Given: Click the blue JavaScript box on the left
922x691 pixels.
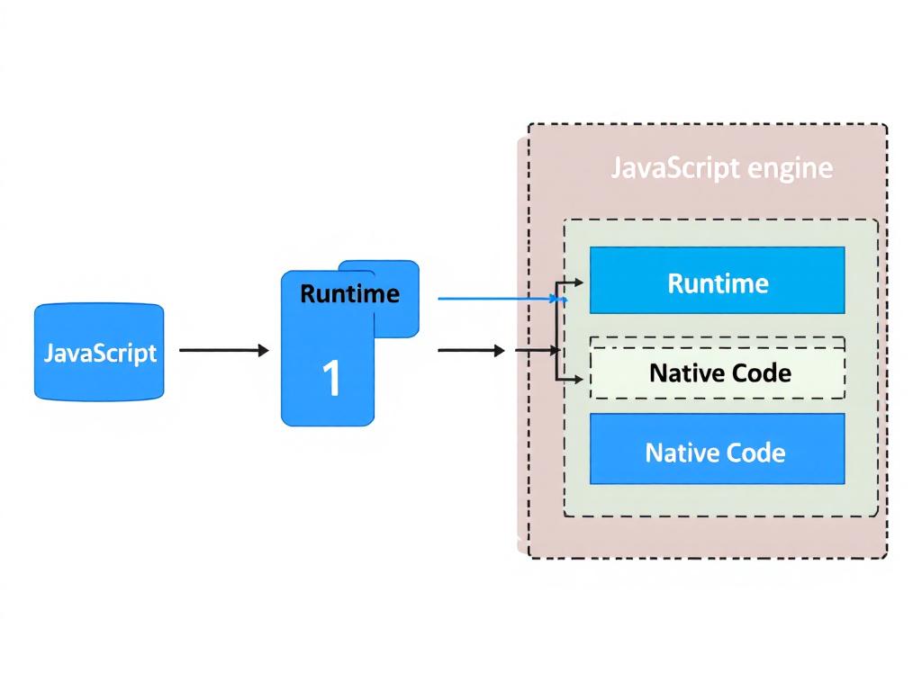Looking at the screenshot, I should coord(99,351).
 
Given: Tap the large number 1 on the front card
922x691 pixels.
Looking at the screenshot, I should coord(331,379).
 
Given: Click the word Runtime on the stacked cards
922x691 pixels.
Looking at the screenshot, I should coord(349,293).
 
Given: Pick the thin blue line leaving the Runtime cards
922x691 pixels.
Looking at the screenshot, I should coord(495,298).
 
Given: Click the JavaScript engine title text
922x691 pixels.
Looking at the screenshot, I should coord(721,168).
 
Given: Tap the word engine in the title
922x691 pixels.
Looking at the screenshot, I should coord(792,169).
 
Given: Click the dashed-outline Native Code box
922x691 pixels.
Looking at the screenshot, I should coord(717,368).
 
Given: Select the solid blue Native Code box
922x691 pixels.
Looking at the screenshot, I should coord(717,449).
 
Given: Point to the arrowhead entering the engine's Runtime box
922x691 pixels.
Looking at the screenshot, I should coord(578,282).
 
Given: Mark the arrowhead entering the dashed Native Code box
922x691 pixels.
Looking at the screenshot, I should coord(578,380).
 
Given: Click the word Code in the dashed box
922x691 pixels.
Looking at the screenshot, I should coord(757,372).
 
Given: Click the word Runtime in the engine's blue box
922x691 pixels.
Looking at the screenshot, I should coord(718,283).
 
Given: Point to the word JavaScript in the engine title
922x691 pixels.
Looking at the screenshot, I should coord(675,168).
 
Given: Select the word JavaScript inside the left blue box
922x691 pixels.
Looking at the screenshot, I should coord(99,353).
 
